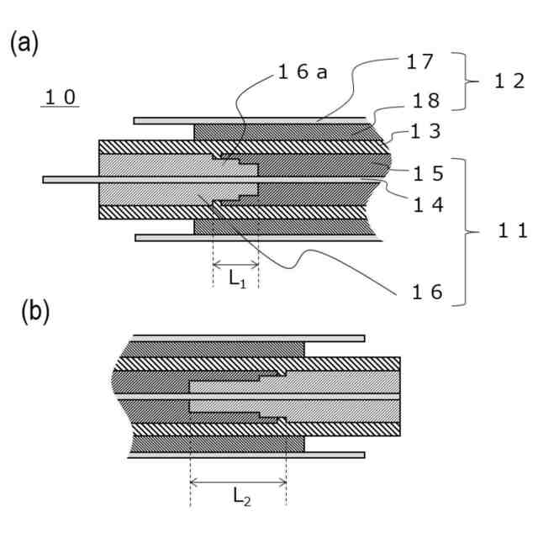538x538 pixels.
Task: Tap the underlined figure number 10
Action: pyautogui.click(x=61, y=98)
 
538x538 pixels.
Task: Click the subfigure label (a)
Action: pyautogui.click(x=24, y=44)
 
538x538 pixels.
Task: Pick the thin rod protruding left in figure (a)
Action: pyautogui.click(x=71, y=179)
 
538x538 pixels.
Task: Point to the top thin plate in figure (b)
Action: pyautogui.click(x=252, y=338)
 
